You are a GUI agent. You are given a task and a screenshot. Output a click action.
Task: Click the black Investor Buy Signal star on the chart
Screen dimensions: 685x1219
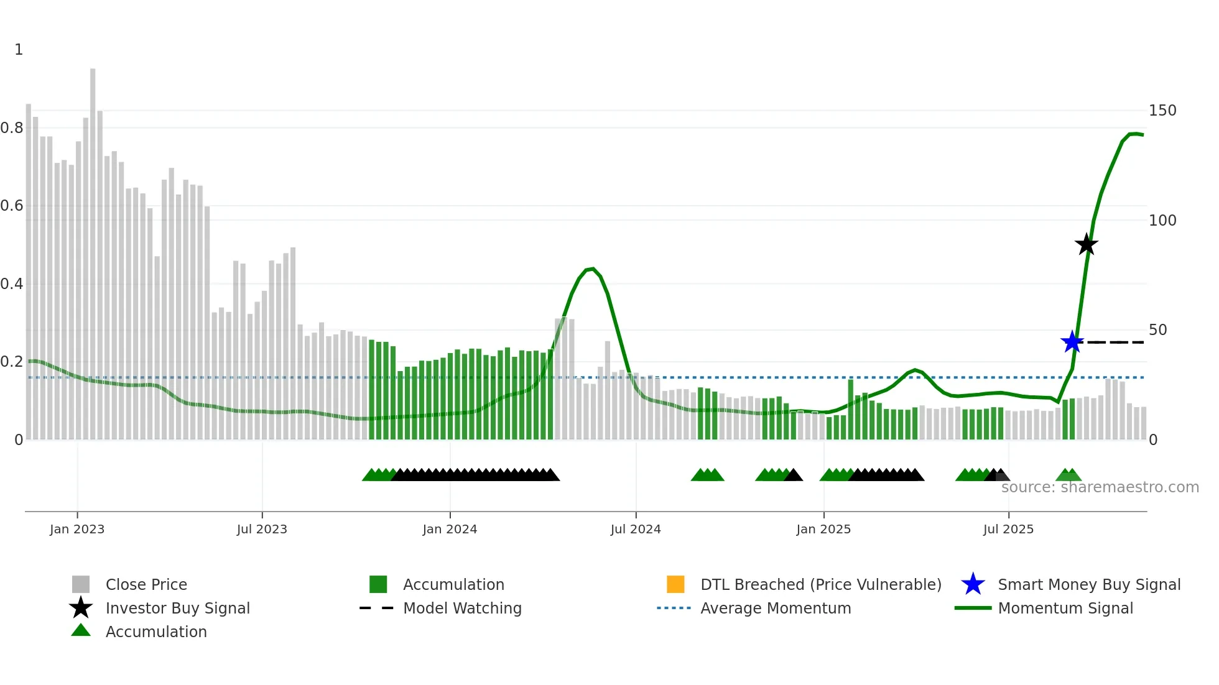click(x=1086, y=244)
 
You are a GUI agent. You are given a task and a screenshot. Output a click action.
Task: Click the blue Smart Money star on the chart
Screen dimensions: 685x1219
click(x=1072, y=342)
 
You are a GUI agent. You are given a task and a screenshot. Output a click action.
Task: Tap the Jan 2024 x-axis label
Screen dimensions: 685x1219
click(x=450, y=529)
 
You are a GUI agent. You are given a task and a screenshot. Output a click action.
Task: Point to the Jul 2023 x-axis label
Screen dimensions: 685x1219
click(x=262, y=529)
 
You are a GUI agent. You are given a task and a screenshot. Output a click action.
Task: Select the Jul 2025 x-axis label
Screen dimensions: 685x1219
click(x=1008, y=529)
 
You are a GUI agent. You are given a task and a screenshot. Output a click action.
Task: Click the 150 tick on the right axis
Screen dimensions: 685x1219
click(x=1162, y=111)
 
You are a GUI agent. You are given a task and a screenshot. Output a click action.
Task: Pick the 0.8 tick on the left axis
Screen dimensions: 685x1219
click(x=12, y=128)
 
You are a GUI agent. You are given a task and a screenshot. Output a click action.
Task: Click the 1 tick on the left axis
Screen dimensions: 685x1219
click(x=19, y=50)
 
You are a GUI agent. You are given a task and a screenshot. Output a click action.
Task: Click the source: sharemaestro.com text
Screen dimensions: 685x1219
click(x=1100, y=487)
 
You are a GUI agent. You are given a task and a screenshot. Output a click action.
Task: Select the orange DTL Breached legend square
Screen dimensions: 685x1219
click(x=675, y=584)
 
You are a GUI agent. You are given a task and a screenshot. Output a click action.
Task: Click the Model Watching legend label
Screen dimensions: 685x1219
click(x=462, y=608)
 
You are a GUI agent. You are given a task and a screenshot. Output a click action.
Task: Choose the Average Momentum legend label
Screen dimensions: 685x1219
click(x=776, y=608)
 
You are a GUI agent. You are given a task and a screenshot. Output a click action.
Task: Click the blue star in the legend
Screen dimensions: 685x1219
click(x=973, y=584)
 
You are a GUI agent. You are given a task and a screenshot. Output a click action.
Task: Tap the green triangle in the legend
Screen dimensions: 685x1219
click(x=81, y=631)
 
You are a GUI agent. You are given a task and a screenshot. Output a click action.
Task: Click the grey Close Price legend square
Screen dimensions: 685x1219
click(x=81, y=584)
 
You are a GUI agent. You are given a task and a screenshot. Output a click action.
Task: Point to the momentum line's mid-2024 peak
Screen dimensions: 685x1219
click(x=591, y=269)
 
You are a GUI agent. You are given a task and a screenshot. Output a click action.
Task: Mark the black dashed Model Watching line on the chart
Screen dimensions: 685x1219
click(x=1116, y=342)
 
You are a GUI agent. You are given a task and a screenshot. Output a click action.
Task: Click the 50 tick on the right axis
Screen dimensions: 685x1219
click(x=1157, y=330)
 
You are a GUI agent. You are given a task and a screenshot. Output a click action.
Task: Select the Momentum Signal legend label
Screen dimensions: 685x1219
click(x=1065, y=608)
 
